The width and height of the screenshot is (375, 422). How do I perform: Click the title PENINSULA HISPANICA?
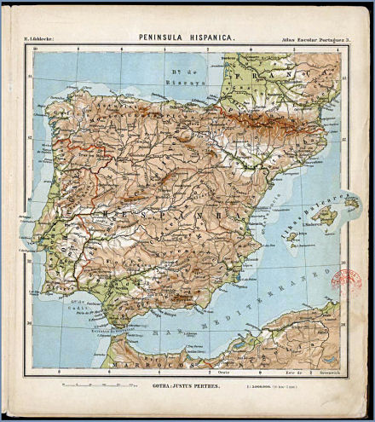coord(187,38)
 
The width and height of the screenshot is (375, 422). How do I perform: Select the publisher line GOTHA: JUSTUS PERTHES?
coord(187,384)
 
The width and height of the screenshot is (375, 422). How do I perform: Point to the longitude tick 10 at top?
coord(35,49)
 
